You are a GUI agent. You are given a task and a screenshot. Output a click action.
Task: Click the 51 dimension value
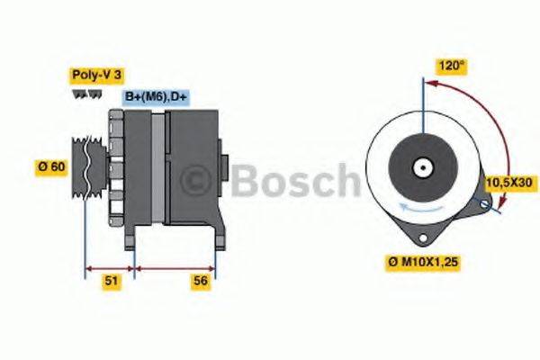[111, 282]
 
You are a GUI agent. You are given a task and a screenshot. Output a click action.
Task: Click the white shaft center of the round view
[421, 167]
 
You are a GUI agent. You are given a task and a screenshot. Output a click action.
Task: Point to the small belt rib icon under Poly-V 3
[82, 94]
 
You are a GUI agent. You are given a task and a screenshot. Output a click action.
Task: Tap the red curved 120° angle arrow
[487, 126]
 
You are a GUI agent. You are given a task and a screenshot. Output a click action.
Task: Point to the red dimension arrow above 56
[175, 267]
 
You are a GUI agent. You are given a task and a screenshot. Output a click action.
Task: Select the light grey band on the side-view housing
[157, 171]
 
